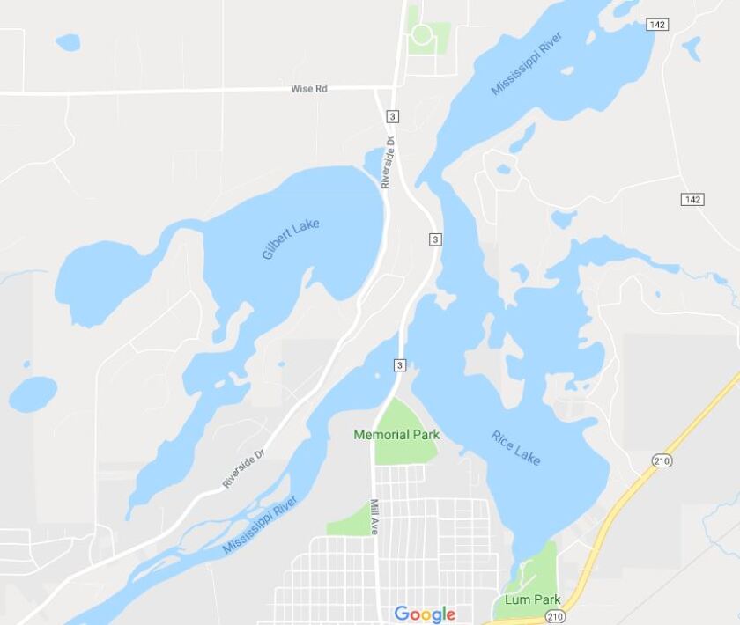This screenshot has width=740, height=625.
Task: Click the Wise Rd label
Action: pos(309,89)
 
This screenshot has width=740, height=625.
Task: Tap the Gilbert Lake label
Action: pos(291,239)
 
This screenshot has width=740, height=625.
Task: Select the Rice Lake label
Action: pos(516,447)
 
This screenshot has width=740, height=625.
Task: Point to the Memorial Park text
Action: pos(396,435)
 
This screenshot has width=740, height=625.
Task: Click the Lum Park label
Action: pos(533,599)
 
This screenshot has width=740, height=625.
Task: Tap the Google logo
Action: pos(425,614)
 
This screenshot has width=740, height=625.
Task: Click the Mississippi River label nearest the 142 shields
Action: pos(526,63)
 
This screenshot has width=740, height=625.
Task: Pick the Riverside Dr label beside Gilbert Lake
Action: pos(386,159)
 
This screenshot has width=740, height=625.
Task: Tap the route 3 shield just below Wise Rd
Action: pos(392,116)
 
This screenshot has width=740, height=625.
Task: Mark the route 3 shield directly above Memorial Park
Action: pos(400,365)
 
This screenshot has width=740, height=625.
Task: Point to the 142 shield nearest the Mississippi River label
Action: pos(656,25)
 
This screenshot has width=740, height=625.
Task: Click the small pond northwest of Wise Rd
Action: pos(68,42)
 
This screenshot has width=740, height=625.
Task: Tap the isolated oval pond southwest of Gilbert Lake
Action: pos(33,393)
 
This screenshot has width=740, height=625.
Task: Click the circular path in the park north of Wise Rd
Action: pos(422,35)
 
